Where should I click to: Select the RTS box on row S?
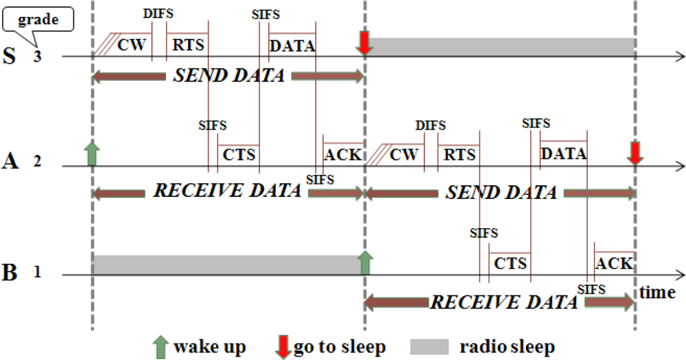[x=186, y=45]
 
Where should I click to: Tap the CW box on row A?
[x=403, y=155]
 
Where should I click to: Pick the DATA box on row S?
[x=292, y=45]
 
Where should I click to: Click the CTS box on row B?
[x=509, y=264]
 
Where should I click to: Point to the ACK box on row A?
[x=342, y=154]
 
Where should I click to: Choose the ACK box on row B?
[x=614, y=264]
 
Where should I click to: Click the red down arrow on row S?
[x=364, y=44]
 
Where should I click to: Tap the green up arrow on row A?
[x=93, y=153]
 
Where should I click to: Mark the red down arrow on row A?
[x=636, y=153]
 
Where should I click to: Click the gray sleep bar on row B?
[x=226, y=265]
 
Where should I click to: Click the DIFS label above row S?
[x=157, y=14]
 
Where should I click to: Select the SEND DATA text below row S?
[x=228, y=76]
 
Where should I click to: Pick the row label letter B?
[x=10, y=272]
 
